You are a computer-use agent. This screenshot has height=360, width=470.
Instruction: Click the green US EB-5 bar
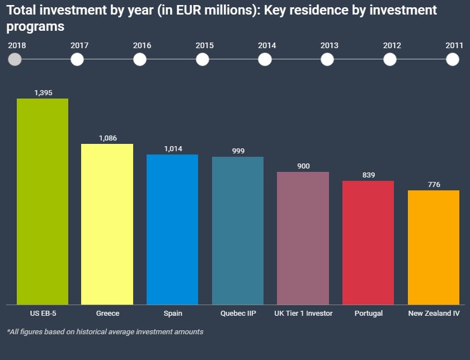click(43, 202)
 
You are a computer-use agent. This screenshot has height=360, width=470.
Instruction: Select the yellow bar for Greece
click(107, 224)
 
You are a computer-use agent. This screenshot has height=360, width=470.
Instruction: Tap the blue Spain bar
click(172, 230)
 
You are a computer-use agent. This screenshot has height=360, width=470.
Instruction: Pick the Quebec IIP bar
click(238, 231)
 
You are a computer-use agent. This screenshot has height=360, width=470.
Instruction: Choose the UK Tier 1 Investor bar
click(303, 238)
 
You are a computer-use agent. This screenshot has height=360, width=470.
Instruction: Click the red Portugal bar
click(368, 242)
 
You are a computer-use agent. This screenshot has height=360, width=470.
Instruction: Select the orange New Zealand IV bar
click(434, 247)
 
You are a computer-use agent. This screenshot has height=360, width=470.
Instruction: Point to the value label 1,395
click(43, 93)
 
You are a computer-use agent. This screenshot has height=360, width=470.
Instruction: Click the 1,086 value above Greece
click(107, 138)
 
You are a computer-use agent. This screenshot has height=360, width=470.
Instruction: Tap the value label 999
click(238, 151)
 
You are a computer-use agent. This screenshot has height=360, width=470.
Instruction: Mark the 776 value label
click(434, 185)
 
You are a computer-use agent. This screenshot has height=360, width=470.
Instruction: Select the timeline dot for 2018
click(16, 59)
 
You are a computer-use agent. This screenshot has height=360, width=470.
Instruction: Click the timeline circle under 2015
click(203, 59)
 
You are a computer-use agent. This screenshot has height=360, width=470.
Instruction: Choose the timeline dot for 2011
click(453, 59)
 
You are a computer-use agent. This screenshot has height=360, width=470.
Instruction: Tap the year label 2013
click(329, 45)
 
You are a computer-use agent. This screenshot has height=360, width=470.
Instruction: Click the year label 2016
click(142, 45)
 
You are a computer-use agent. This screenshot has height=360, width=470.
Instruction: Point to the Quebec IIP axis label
click(238, 314)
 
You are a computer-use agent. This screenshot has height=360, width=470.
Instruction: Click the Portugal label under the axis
click(368, 314)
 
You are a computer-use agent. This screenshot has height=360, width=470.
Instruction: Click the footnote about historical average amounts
click(105, 331)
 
